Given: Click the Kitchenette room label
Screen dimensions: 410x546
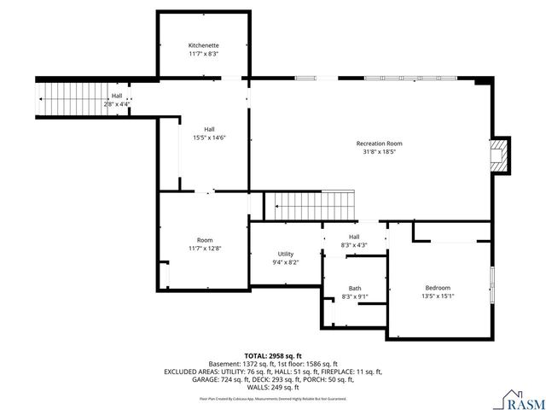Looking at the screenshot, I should point(203,45).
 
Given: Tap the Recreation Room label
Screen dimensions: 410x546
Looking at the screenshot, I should point(379,143).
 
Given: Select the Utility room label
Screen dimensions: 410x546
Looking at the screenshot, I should point(286,254).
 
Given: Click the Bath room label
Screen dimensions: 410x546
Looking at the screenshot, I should point(354,288).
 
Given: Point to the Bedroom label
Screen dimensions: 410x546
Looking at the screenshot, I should point(438,288).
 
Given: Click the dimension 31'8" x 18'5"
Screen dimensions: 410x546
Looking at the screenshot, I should point(379,153).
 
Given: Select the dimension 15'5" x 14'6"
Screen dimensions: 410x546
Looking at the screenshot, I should point(208,138).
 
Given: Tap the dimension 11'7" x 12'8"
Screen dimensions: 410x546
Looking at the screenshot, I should point(205,249).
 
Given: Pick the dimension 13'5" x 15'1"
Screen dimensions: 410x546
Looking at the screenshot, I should point(438,296).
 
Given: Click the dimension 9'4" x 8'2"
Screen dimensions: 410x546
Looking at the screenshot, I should point(286,262).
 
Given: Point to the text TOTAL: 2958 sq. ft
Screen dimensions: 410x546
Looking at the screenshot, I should point(273,355).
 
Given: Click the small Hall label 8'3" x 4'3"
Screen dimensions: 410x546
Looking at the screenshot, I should point(354,241).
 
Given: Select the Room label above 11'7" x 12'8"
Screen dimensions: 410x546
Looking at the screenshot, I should point(205,240).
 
